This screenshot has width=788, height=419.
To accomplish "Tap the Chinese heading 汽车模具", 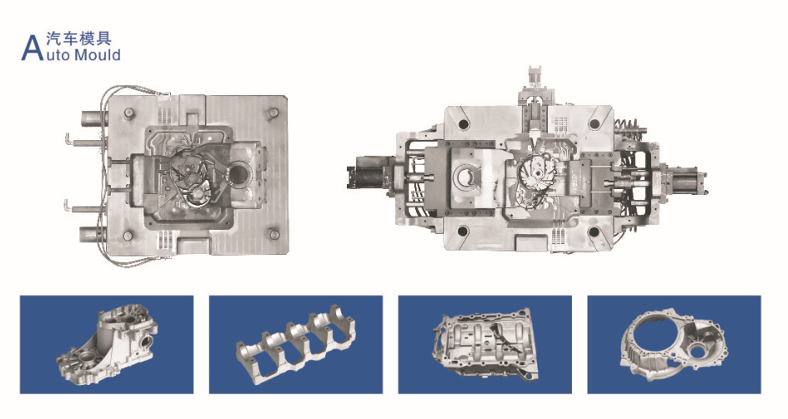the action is tap(79, 38).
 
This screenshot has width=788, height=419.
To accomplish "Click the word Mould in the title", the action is tap(98, 54).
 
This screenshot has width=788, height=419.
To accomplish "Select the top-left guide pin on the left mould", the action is tap(128, 113).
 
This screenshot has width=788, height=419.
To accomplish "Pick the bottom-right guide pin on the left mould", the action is tap(274, 234).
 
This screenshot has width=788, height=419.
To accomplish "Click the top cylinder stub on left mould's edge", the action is tap(93, 118).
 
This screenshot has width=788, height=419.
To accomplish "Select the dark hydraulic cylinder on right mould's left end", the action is tap(369, 172).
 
